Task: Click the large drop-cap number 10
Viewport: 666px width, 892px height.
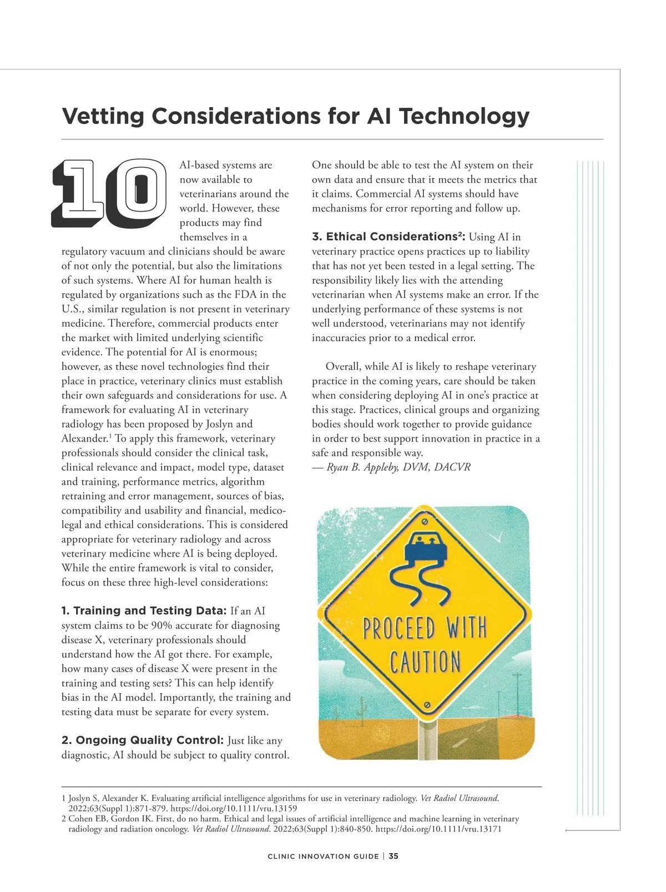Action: click(109, 194)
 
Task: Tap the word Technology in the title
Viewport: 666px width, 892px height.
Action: click(464, 117)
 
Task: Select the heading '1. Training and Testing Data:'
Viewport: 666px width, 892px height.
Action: click(144, 611)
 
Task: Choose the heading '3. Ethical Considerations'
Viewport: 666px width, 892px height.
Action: click(389, 237)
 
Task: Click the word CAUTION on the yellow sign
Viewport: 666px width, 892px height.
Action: click(425, 662)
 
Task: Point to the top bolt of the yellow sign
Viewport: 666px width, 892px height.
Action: click(425, 522)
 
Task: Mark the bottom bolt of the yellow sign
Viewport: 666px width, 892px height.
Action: click(426, 705)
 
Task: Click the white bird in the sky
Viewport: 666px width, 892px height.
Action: click(500, 537)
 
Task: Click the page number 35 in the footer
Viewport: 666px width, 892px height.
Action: click(393, 856)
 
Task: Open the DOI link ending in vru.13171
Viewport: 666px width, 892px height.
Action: click(439, 829)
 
